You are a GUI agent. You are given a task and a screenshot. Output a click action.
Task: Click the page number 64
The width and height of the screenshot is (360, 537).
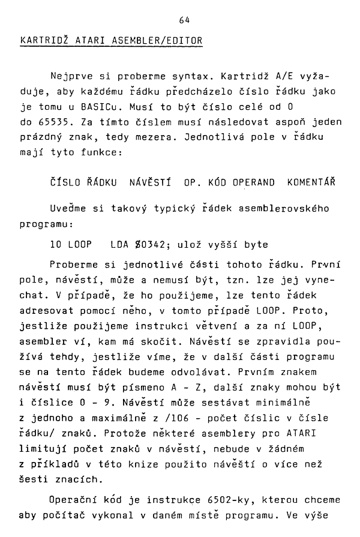184,20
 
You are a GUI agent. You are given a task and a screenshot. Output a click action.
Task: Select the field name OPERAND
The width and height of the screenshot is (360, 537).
254,182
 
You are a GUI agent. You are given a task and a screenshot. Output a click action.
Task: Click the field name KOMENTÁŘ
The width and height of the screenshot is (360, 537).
311,182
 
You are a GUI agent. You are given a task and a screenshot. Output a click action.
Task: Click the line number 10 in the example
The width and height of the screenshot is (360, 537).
56,245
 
